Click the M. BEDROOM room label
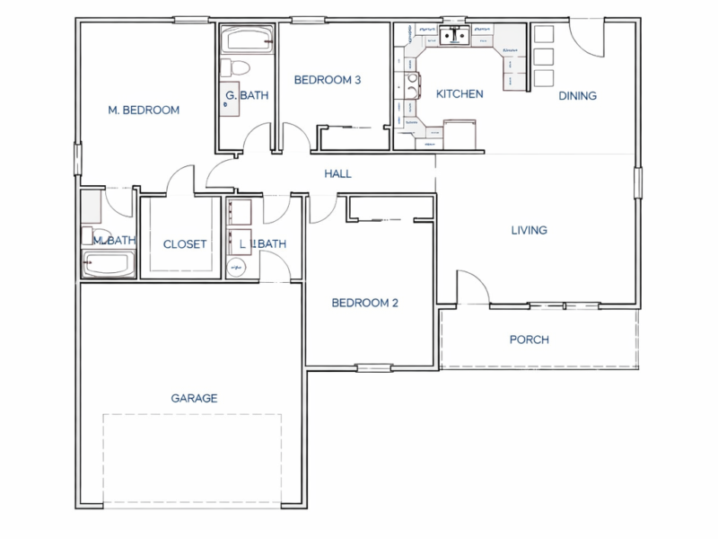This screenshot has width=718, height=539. coord(144,110)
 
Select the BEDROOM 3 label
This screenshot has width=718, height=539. coord(328,80)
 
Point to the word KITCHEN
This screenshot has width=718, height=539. coord(460,94)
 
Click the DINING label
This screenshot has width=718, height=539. coord(578,96)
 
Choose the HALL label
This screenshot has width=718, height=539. coord(338,174)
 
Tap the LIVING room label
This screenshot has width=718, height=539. coord(529,231)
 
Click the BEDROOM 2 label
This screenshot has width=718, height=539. coord(364,303)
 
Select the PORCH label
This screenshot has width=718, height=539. coord(529,340)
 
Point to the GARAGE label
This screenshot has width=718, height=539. coord(195,398)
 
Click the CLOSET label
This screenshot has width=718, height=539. coord(185,244)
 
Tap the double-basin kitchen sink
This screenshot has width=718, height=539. coord(455,36)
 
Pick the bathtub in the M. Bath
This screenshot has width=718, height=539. coord(108,265)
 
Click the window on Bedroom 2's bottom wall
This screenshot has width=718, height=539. coord(373,367)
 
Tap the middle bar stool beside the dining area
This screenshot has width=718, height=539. coord(544,57)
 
